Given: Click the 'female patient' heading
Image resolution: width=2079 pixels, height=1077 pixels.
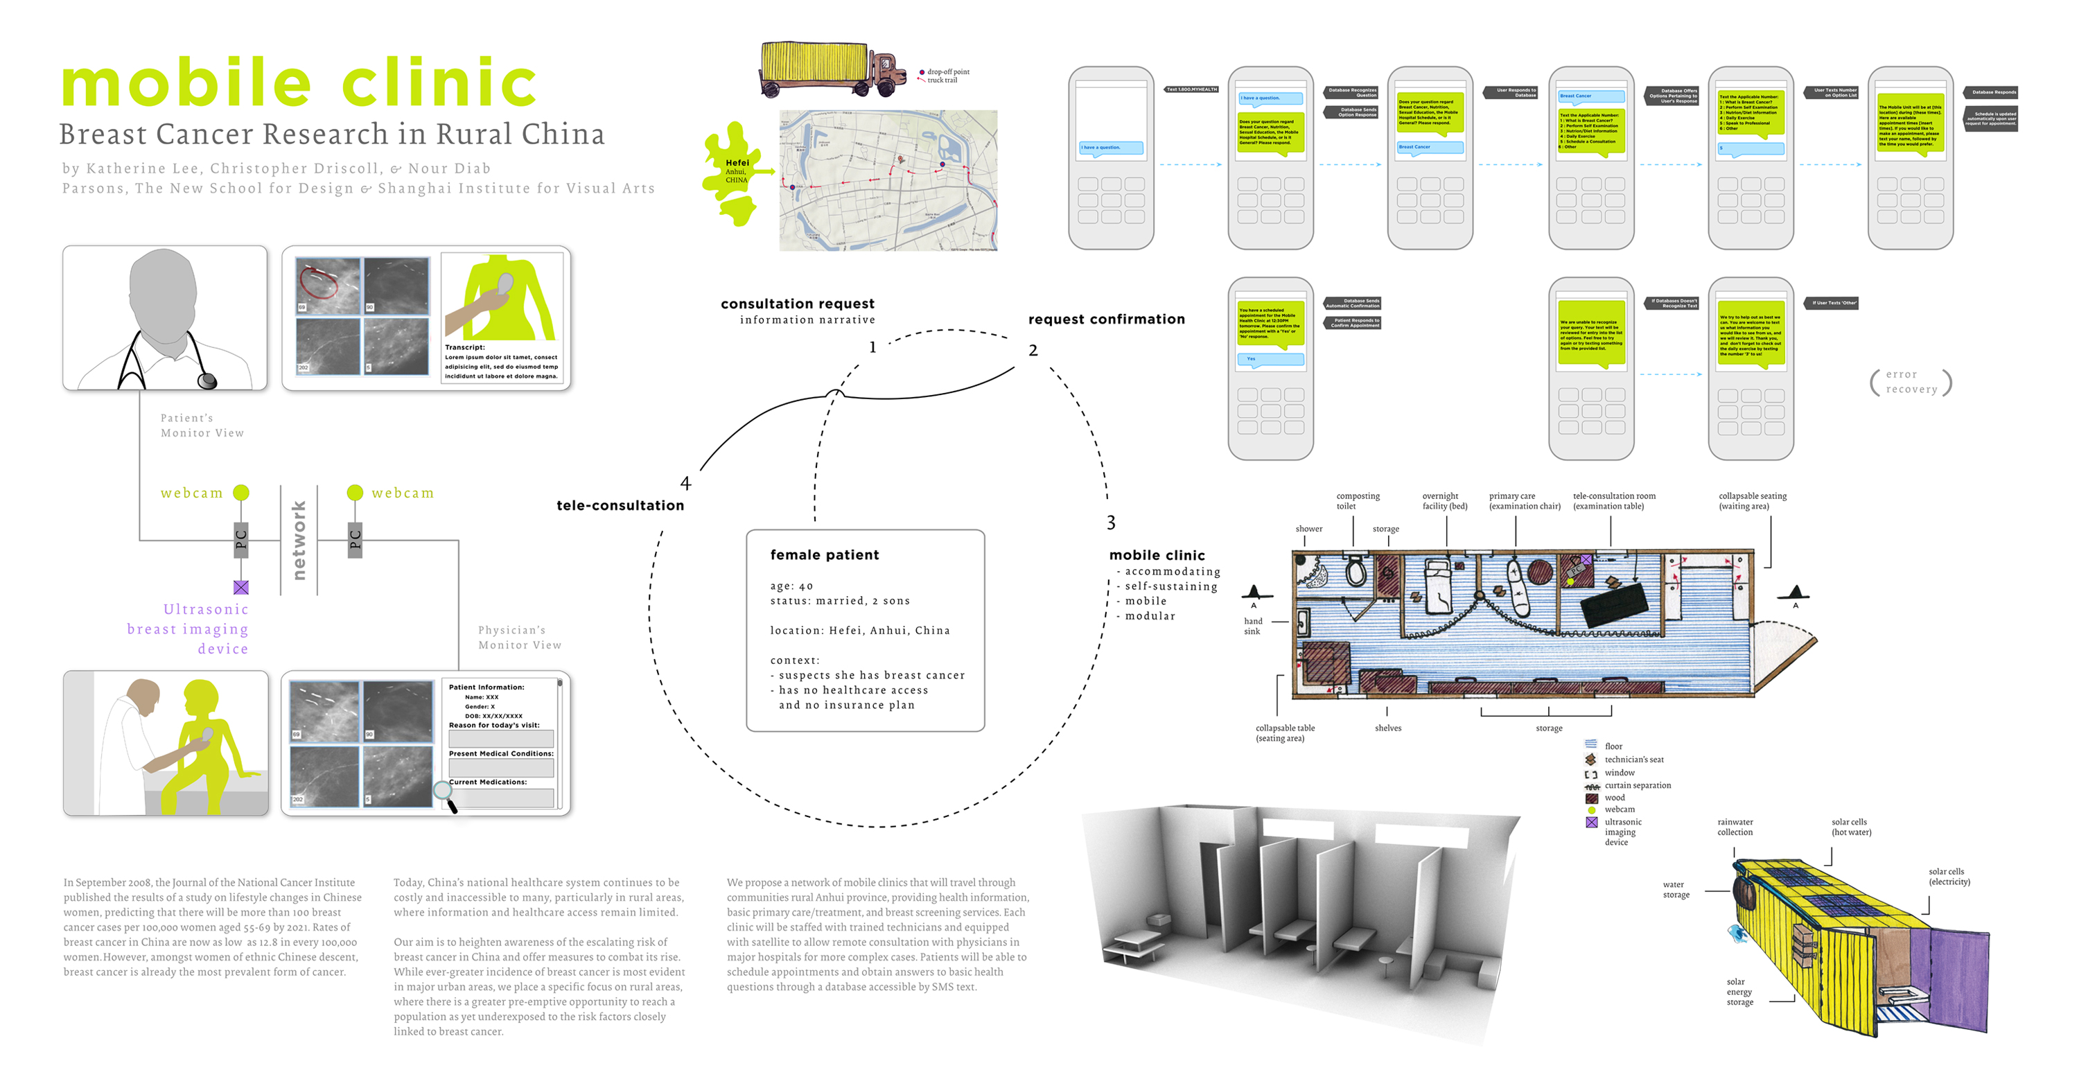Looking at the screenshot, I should click(824, 554).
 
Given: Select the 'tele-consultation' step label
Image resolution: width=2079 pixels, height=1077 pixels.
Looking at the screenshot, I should click(620, 505).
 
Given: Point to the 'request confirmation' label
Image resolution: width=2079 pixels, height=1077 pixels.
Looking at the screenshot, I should click(1105, 319).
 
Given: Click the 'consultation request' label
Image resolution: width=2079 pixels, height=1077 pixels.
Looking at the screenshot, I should click(798, 304).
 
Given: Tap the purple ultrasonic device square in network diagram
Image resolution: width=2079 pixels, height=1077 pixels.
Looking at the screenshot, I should click(240, 587).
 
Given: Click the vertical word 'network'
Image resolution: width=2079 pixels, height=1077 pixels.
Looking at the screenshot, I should click(299, 539).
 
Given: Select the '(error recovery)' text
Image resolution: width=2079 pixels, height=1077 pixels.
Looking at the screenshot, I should click(1911, 382).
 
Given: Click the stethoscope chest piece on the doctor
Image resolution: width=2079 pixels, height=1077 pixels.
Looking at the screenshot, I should click(207, 380).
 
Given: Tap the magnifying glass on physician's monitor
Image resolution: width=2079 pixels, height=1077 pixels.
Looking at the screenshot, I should click(444, 791).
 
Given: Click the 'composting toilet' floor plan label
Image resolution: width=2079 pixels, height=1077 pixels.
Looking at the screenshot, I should click(1358, 501).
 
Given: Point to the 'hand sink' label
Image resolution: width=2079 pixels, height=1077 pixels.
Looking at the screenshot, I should click(1252, 627).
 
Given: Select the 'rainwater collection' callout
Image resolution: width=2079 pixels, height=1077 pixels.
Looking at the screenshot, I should click(1735, 827).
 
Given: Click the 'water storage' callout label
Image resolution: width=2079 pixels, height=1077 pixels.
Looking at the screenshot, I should click(1676, 890).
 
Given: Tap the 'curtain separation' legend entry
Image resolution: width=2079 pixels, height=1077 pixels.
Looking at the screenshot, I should click(1637, 785).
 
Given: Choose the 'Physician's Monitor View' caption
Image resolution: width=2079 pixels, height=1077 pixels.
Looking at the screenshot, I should click(519, 637).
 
